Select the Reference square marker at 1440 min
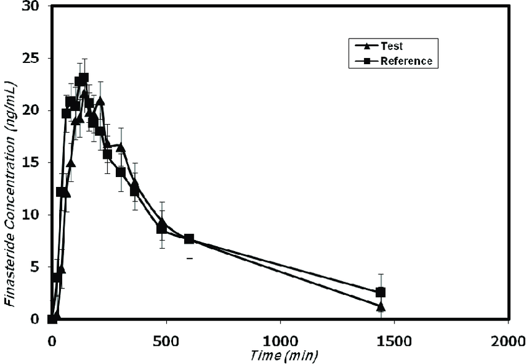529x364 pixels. pos(381,292)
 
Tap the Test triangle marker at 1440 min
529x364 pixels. pos(381,306)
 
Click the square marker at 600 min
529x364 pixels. pos(189,239)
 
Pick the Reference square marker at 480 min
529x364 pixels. pos(161,229)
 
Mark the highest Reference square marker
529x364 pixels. pos(83,78)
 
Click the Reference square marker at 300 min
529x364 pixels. pos(121,172)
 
